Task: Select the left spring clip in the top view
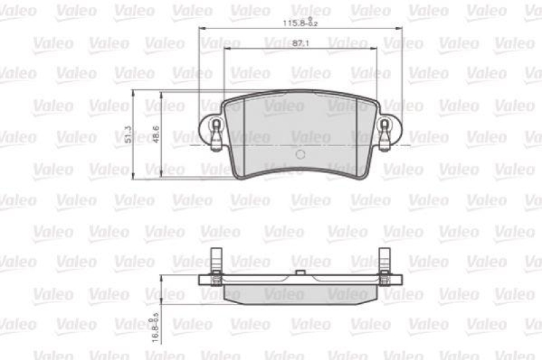[216, 133]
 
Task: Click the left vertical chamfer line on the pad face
[244, 132]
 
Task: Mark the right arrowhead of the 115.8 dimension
[402, 28]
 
